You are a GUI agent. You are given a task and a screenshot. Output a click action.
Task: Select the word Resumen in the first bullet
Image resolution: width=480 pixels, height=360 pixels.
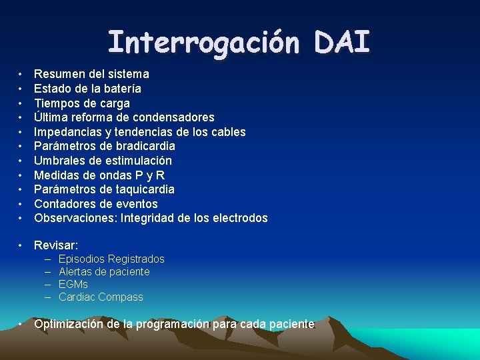(x=58, y=74)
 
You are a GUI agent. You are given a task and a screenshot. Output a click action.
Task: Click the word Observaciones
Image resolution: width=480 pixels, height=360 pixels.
(x=75, y=218)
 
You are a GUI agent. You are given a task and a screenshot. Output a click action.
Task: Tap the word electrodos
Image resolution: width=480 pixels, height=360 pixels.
(x=238, y=218)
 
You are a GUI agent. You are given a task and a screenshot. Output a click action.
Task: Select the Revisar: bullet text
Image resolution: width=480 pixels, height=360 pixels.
(x=56, y=245)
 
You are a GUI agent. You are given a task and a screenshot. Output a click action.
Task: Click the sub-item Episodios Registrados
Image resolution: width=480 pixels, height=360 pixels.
(x=111, y=259)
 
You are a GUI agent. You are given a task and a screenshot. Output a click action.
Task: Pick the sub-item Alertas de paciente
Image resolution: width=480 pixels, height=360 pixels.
(x=104, y=271)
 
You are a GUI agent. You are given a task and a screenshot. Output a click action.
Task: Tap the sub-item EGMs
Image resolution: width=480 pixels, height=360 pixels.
(x=73, y=284)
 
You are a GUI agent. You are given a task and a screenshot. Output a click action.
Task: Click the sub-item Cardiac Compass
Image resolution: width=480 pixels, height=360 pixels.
(x=101, y=297)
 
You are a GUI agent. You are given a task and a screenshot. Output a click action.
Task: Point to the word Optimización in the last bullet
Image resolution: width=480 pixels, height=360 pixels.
(x=69, y=324)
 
